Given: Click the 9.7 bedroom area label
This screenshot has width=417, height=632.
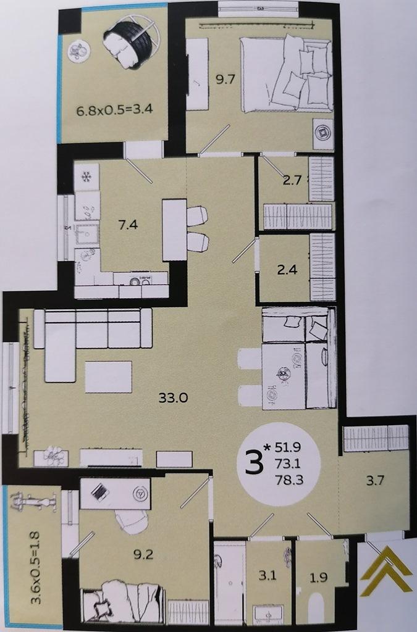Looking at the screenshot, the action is pos(225,79).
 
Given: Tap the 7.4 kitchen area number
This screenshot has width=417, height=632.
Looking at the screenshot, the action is pos(128,224).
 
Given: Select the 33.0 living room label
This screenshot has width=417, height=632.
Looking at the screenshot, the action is pos(173,398).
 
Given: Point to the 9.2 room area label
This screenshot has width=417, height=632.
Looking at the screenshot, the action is pos(143,555).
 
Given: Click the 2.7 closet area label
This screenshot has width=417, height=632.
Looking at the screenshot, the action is pos(292,180).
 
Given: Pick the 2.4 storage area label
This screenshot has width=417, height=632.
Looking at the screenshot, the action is pos(287,269).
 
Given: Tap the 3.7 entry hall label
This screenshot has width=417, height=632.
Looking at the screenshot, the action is pos(374,480).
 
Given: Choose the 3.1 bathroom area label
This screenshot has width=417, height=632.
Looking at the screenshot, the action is pos(267,576).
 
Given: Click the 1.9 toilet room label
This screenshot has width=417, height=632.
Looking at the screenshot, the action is pos(318,578).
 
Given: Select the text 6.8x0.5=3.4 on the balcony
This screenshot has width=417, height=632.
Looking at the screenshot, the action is pos(114,110).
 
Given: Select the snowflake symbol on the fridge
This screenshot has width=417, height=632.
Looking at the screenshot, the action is pos(86,177).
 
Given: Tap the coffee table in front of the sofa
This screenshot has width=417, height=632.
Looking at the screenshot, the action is pos(109,377).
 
